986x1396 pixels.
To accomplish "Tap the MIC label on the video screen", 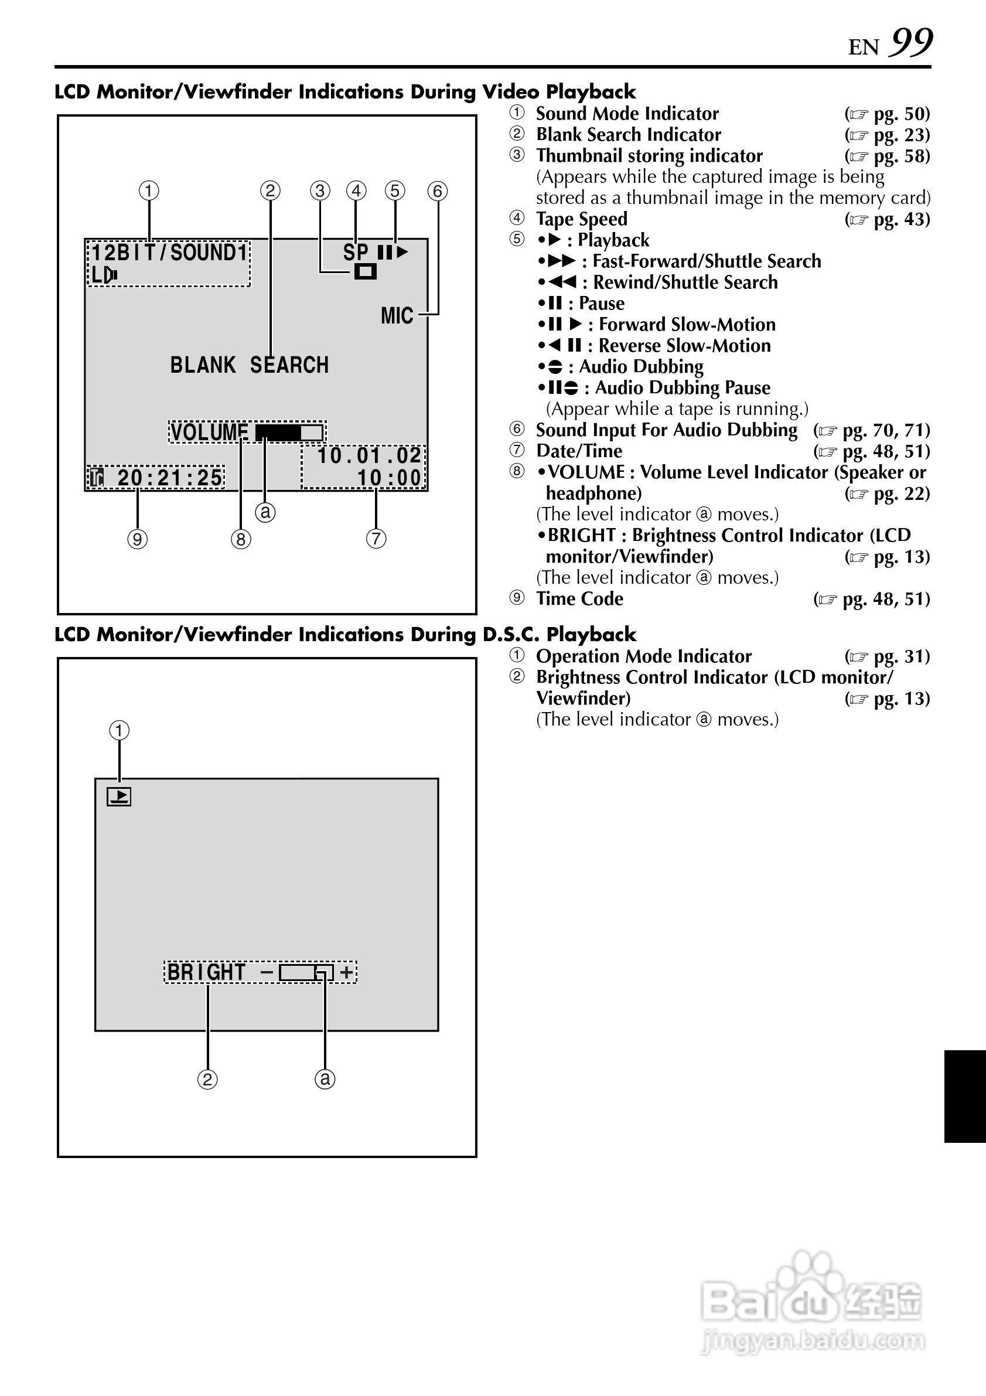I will coord(397,315).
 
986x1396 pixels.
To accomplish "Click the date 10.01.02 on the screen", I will coord(369,456).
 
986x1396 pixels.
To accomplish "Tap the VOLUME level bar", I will coord(289,433).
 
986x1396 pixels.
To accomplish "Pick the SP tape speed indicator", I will coord(356,253).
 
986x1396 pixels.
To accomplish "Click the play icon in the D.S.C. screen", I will coord(119,796).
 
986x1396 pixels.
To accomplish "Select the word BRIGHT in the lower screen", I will coord(207,972).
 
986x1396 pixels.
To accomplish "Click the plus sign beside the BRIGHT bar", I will coord(346,972).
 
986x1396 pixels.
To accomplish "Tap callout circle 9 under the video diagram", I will coord(137,539).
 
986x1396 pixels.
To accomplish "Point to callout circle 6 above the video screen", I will coord(437,191).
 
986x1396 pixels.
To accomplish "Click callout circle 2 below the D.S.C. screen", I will coord(207,1079).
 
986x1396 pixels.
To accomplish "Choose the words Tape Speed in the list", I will coord(581,219).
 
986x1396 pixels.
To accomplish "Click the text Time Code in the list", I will coord(579,599).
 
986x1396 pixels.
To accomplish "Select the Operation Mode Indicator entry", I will coord(643,656).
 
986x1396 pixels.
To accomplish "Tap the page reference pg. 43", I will coord(902,219).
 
